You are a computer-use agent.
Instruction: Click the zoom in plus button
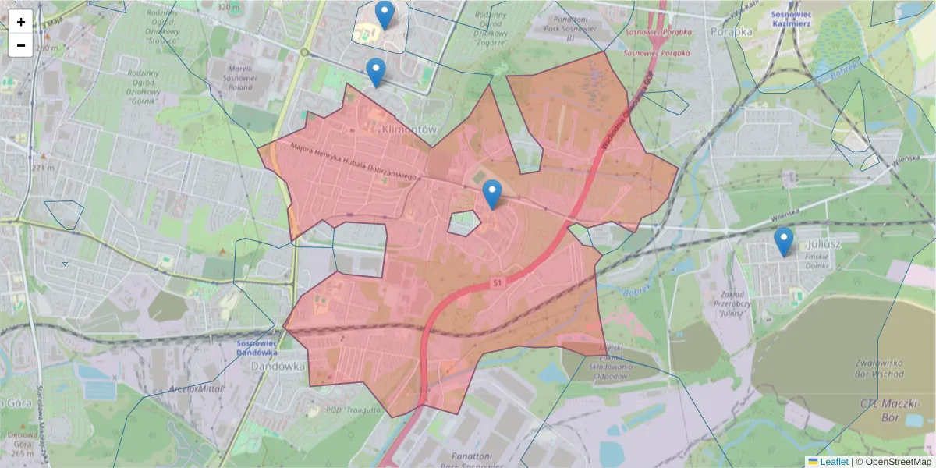click(x=21, y=22)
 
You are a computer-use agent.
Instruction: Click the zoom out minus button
click(x=21, y=45)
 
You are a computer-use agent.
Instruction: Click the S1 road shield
click(x=496, y=282)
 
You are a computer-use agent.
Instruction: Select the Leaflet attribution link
click(x=833, y=462)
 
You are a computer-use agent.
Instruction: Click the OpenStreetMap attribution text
click(x=897, y=462)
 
